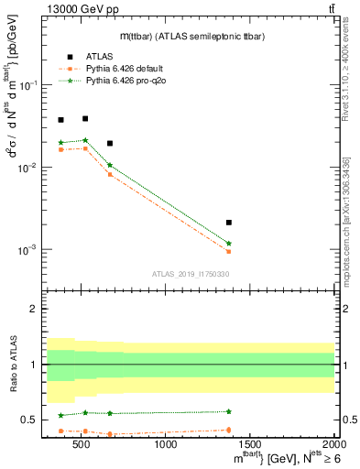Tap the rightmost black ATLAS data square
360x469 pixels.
(229, 223)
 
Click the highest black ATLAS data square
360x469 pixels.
(85, 118)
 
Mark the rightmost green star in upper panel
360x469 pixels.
(229, 244)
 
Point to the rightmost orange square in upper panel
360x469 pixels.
(229, 251)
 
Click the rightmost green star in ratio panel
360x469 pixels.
(229, 411)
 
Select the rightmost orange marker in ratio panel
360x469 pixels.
(229, 430)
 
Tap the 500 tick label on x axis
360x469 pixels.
(82, 446)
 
